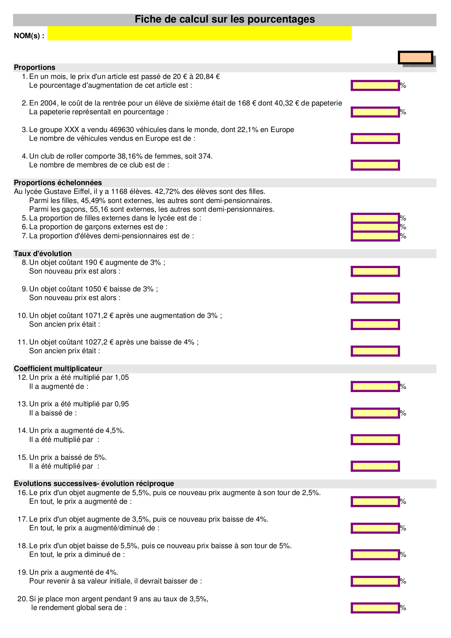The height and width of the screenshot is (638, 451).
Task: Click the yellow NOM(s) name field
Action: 199,33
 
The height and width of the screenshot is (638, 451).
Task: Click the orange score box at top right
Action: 415,58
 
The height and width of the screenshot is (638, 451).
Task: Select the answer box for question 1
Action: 375,85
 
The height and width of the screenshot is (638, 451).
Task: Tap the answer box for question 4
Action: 375,165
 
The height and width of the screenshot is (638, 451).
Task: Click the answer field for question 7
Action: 375,236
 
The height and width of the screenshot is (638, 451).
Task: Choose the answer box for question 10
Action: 375,324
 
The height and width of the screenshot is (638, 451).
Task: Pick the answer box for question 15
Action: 375,466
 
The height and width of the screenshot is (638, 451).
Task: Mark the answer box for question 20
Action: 375,608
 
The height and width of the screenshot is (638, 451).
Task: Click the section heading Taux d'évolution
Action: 43,254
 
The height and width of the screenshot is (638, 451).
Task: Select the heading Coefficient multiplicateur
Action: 58,368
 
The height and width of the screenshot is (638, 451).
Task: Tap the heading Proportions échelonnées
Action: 58,183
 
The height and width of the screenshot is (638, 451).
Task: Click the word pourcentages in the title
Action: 281,19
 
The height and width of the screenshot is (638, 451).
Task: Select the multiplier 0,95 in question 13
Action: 122,404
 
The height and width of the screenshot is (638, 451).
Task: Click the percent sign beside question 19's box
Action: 403,581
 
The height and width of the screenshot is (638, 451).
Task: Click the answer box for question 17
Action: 375,528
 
